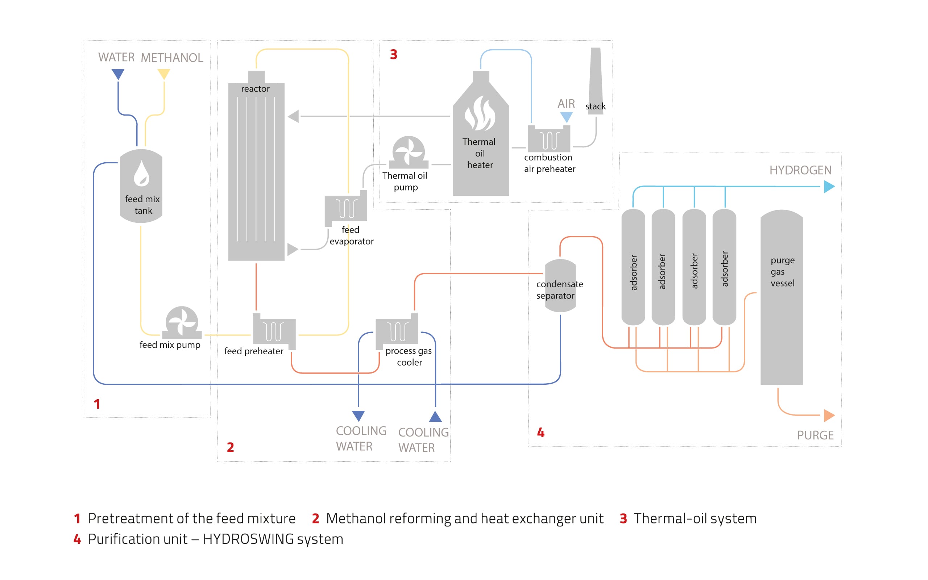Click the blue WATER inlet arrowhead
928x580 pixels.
(118, 74)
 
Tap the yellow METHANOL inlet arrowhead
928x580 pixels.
(164, 74)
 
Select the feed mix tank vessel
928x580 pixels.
(141, 186)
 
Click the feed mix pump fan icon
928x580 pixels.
(182, 321)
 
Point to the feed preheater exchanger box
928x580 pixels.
(274, 331)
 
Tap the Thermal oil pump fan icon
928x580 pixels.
(408, 152)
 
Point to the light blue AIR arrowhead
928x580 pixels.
(566, 117)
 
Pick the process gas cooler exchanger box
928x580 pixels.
(397, 331)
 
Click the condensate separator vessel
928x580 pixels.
(560, 286)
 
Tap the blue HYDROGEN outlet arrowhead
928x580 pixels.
(829, 187)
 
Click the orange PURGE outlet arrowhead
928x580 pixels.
(829, 416)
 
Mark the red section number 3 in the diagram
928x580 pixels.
(393, 54)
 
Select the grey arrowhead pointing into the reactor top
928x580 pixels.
(294, 116)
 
